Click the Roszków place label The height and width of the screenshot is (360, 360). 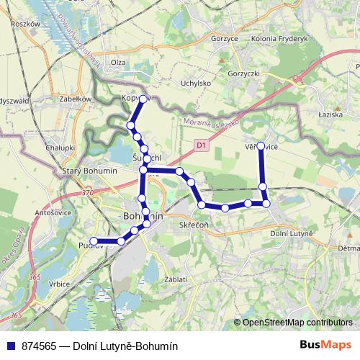(x=25, y=24)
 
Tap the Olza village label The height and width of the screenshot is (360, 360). (x=119, y=63)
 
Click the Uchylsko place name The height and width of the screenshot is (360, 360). (x=195, y=84)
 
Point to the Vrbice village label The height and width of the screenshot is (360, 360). (x=60, y=284)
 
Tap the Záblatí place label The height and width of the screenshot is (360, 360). (x=176, y=279)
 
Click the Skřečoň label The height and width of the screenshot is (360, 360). (x=193, y=225)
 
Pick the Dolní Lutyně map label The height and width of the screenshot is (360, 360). (x=291, y=233)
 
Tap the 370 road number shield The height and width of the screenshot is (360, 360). (x=88, y=193)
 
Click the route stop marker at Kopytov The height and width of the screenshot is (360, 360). (x=143, y=99)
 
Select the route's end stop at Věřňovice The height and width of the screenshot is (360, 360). (x=261, y=145)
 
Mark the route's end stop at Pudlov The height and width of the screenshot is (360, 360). (x=94, y=241)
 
